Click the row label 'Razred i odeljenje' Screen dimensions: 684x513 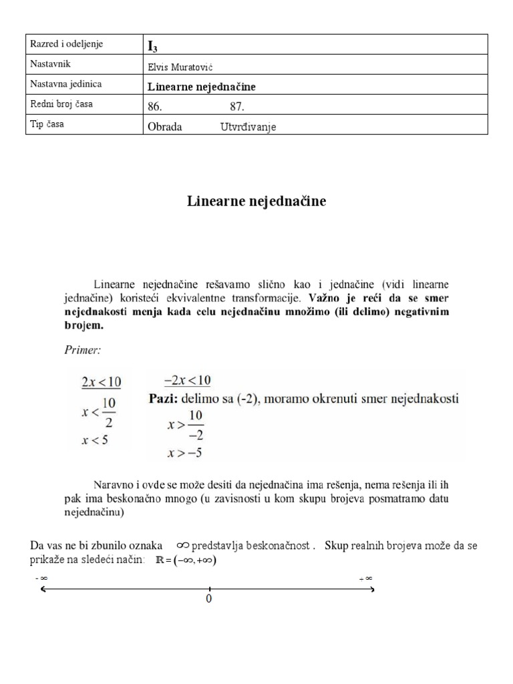click(x=66, y=45)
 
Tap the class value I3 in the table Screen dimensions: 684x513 click(x=152, y=46)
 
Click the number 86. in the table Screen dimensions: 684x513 click(x=154, y=106)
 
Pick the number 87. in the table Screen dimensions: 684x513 click(x=237, y=106)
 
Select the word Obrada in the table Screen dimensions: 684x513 click(x=164, y=127)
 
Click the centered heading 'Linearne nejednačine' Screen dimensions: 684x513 click(x=256, y=200)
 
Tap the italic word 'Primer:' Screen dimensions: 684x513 click(x=83, y=349)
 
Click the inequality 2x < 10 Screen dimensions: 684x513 click(x=101, y=382)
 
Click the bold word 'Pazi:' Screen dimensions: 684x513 click(x=164, y=399)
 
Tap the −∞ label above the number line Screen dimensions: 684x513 click(x=39, y=578)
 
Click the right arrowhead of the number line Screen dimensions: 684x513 click(x=372, y=589)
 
